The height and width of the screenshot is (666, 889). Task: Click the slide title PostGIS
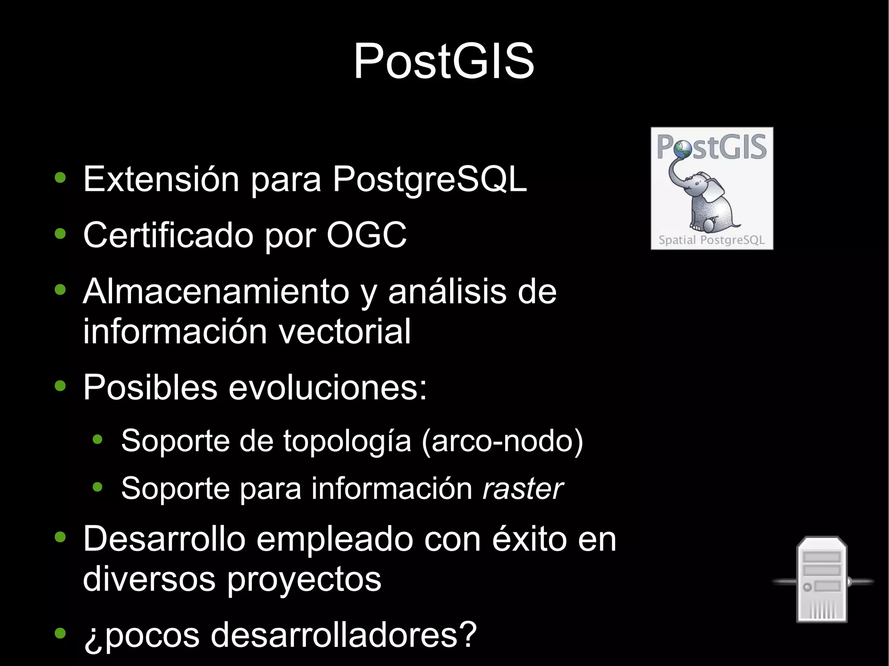(x=444, y=62)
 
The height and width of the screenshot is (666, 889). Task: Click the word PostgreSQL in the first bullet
(x=430, y=179)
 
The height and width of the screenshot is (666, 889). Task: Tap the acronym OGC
(x=366, y=235)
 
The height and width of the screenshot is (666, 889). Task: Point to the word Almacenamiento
(x=216, y=292)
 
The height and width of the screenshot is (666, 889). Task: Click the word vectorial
(x=344, y=331)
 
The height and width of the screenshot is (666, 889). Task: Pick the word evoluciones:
(x=328, y=387)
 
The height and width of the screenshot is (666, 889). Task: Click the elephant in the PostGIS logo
(x=705, y=200)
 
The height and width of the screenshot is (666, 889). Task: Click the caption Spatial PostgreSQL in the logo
(x=711, y=240)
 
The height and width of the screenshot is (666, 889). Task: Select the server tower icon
(x=822, y=580)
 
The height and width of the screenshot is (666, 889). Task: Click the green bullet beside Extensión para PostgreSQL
(x=60, y=178)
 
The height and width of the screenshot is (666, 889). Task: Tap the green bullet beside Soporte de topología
(x=98, y=440)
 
